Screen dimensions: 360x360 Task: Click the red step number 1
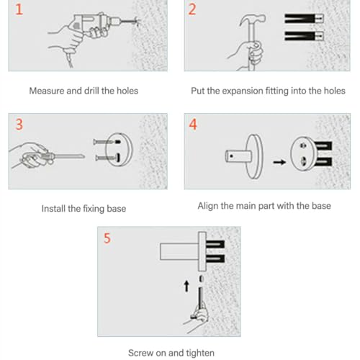19,9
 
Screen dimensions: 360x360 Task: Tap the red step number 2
192,9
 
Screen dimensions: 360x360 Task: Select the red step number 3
19,125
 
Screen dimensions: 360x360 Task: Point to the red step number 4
193,125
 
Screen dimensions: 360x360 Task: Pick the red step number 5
107,238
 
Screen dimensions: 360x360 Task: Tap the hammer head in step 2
253,19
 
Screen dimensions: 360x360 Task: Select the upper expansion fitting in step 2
304,19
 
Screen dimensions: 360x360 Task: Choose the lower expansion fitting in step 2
304,36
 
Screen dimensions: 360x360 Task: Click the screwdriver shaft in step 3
70,156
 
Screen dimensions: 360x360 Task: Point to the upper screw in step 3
107,142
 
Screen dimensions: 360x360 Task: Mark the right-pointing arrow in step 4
279,163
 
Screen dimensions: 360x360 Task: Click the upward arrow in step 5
186,287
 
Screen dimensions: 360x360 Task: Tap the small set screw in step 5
201,279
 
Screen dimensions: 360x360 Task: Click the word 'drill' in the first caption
91,91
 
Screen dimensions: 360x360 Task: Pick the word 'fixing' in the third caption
92,209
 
